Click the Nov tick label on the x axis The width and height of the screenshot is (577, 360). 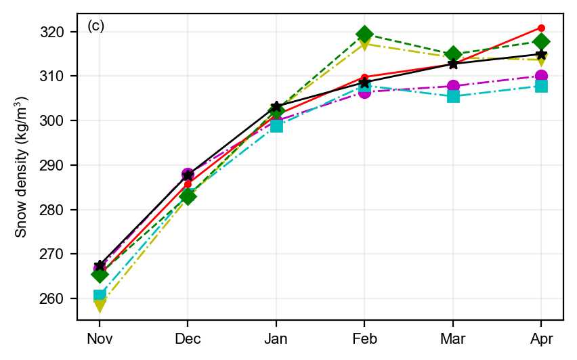(100, 338)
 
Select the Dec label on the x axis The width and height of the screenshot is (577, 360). (188, 338)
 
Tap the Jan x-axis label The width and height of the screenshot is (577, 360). (276, 338)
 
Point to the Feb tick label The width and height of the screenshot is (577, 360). (364, 338)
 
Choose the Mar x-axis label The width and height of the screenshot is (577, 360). (453, 338)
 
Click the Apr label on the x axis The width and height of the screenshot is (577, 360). (541, 338)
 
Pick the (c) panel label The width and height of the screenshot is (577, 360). (95, 26)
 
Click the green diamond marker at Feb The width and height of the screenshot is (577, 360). (364, 34)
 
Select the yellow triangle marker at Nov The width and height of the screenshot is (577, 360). (100, 305)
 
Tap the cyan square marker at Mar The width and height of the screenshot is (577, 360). (453, 96)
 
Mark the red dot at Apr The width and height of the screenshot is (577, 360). (541, 28)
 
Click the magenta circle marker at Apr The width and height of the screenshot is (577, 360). (541, 76)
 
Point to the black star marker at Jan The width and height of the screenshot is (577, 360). (276, 107)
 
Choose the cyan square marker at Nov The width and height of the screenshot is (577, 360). (100, 296)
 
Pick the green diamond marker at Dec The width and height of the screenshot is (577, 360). (188, 196)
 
